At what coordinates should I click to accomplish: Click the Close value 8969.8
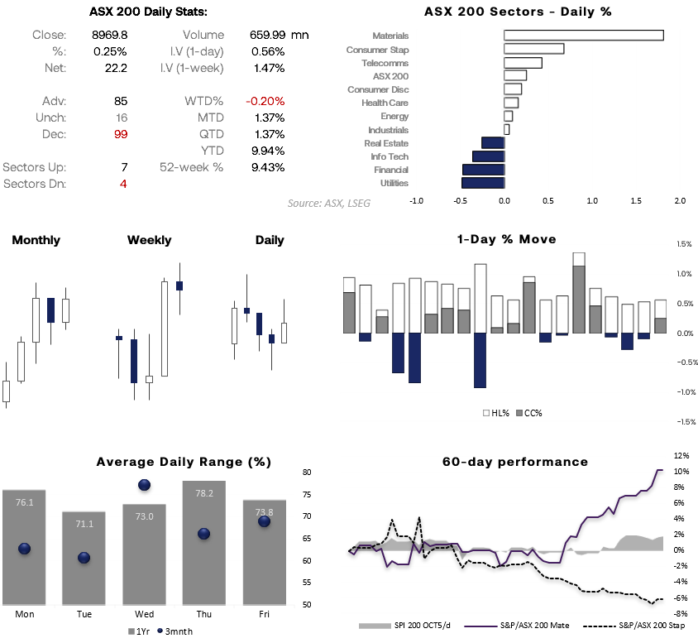pos(109,35)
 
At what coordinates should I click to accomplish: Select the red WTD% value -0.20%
pos(265,101)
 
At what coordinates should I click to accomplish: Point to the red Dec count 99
pos(120,134)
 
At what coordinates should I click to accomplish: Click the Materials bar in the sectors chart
pos(584,36)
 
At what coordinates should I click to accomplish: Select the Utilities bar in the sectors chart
pos(483,183)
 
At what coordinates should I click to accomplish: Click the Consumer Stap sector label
pos(377,50)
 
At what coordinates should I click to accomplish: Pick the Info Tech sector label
pos(390,156)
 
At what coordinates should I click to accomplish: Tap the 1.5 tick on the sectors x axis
pos(636,201)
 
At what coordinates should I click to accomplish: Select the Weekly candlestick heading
pos(150,240)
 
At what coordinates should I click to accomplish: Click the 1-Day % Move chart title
pos(506,239)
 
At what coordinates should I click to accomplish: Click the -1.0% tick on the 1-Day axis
pos(683,392)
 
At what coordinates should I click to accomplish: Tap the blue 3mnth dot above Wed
pos(145,485)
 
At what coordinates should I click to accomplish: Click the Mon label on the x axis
pos(24,615)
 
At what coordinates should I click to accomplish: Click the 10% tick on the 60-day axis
pos(681,471)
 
